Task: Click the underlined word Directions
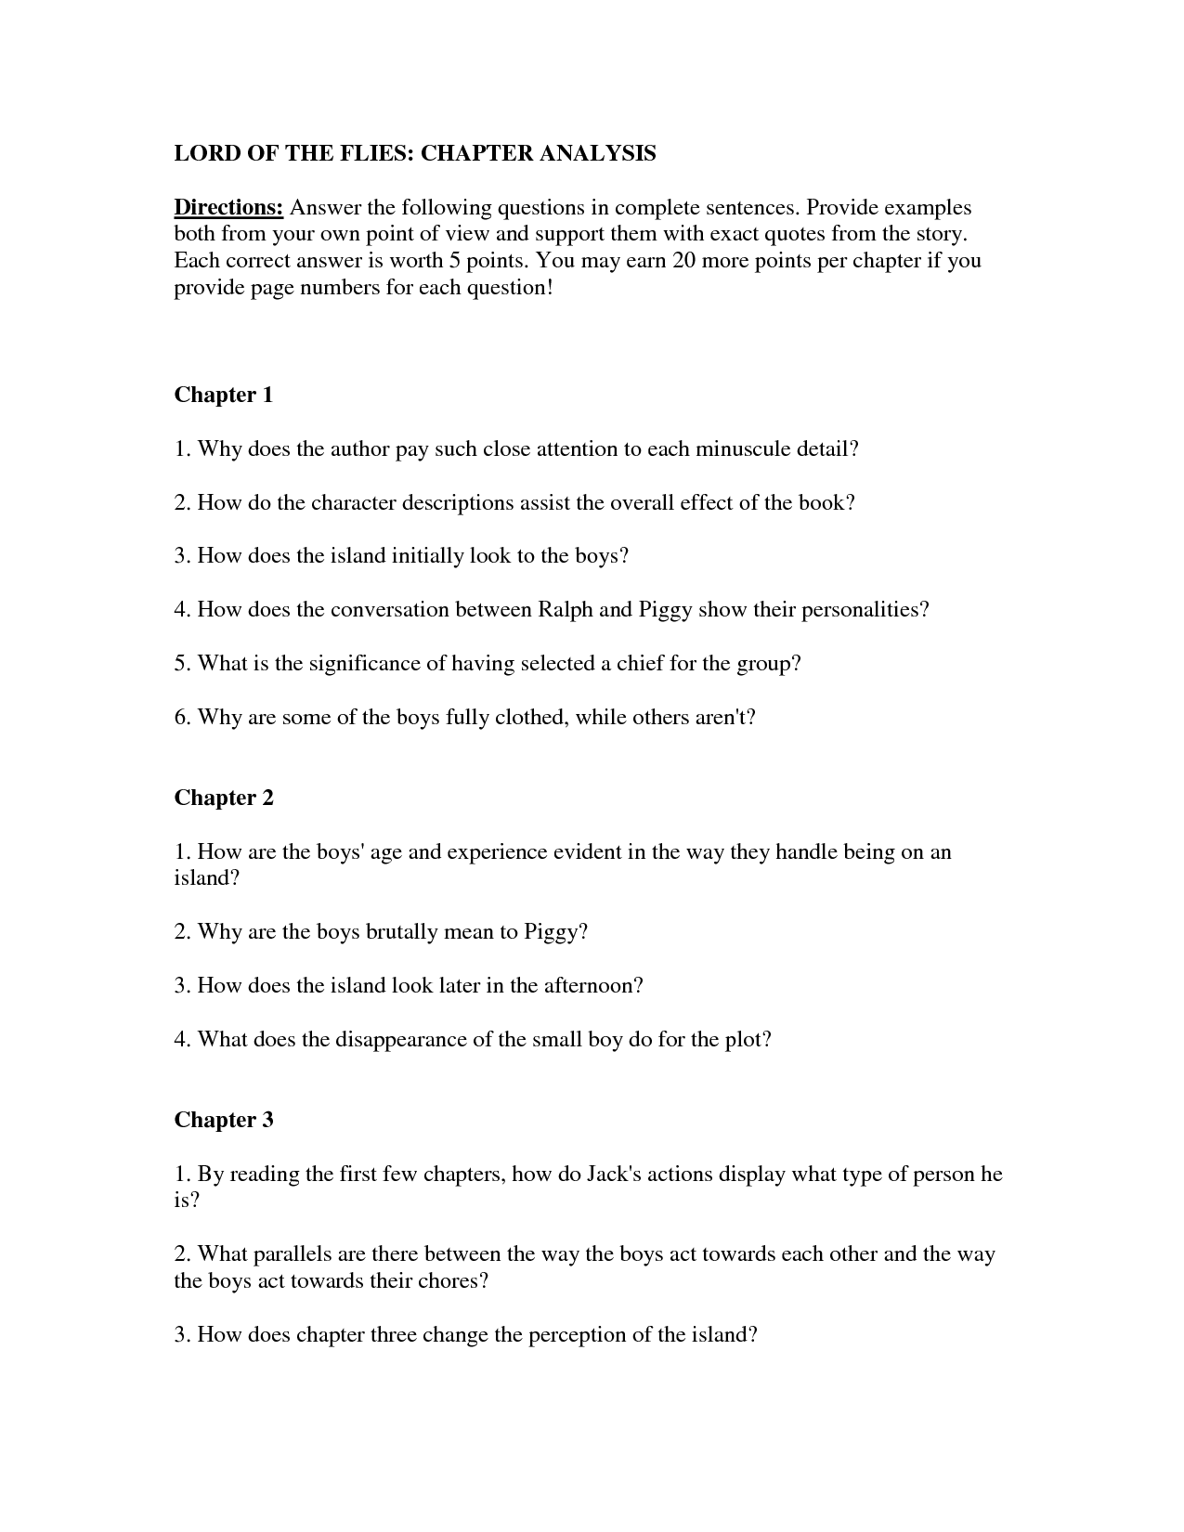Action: point(228,207)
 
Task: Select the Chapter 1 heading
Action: point(224,395)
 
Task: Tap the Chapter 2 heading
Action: point(224,798)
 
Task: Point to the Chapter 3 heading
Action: point(224,1120)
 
